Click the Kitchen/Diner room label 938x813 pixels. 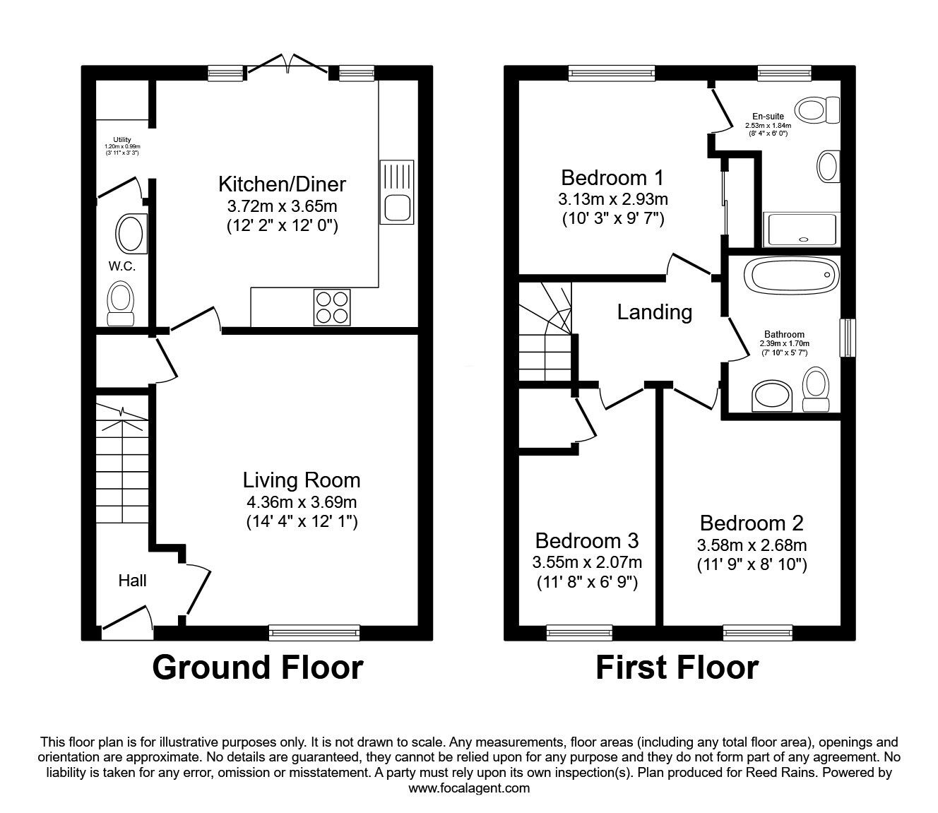coord(282,184)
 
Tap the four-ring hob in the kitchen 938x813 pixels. coord(331,307)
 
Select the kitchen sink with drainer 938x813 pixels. coord(395,191)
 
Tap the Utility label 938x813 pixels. coord(122,140)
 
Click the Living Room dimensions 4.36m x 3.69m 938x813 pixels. coord(301,502)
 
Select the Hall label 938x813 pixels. coord(132,581)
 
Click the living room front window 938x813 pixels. coord(314,633)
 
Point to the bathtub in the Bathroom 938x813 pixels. coord(792,275)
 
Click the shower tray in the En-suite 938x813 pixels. coord(802,230)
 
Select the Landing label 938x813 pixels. coord(654,311)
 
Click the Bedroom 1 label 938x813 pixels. coord(612,177)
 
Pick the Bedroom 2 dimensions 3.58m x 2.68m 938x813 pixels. coord(752,545)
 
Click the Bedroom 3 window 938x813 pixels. coord(579,633)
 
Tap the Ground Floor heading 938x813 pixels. coord(258,667)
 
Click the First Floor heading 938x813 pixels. coord(677,667)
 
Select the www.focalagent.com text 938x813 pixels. coord(469,788)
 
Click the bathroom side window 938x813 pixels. coord(846,338)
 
